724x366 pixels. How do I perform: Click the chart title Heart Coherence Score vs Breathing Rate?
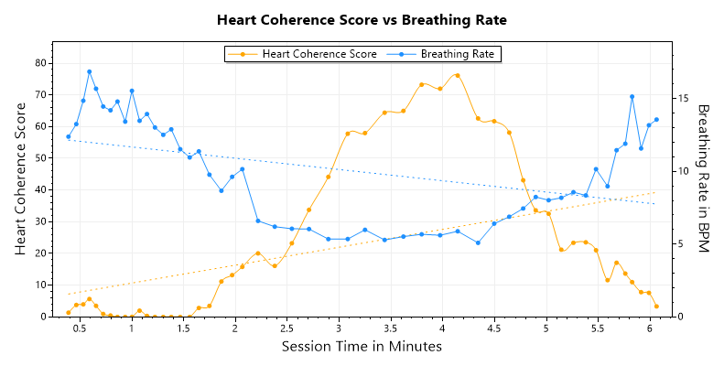(x=362, y=19)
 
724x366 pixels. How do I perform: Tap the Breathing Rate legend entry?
(x=448, y=54)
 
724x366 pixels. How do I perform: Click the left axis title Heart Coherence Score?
(x=20, y=179)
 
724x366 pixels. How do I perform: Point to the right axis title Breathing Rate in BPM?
(x=704, y=179)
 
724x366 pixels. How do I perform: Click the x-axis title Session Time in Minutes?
(x=362, y=346)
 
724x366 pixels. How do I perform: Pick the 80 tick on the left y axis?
(x=41, y=63)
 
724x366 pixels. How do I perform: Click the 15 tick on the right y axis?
(x=685, y=98)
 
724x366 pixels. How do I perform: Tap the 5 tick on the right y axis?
(x=682, y=243)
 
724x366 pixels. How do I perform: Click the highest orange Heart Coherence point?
(x=457, y=75)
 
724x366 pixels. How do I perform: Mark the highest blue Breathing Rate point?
(x=89, y=71)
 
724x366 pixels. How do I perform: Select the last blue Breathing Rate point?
(x=656, y=120)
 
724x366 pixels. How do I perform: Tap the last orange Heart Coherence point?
(x=656, y=307)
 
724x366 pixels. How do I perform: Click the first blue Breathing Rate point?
(x=69, y=136)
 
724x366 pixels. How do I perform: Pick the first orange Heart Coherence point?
(x=69, y=313)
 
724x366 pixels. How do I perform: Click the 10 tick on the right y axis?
(x=685, y=171)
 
